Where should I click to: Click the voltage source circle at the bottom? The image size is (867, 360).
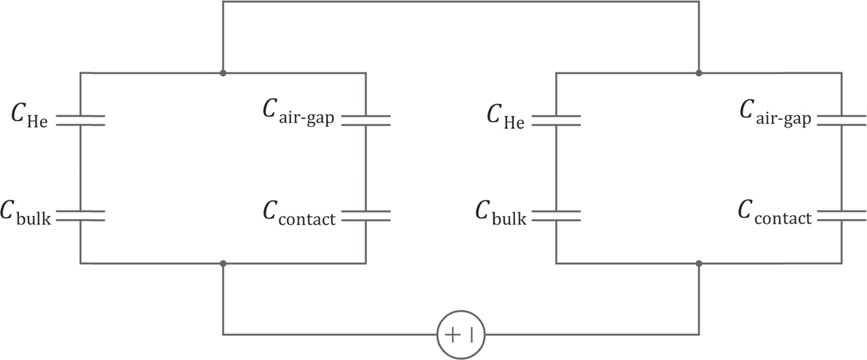(461, 335)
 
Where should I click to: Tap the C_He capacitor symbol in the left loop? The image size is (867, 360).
(80, 121)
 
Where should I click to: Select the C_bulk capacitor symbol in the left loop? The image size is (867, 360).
(80, 215)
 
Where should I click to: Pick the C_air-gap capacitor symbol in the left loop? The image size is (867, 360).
(366, 121)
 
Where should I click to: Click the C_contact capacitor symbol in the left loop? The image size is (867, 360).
(366, 215)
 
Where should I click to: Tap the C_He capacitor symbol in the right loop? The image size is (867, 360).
(556, 121)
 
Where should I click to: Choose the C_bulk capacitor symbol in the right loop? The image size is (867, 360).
(556, 215)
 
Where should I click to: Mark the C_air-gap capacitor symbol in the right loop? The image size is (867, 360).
(841, 121)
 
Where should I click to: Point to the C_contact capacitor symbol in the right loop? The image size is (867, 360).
(841, 215)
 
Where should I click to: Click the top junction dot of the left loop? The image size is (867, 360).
(223, 73)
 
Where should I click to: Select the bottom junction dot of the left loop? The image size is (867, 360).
(223, 263)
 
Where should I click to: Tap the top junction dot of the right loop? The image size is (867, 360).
(699, 73)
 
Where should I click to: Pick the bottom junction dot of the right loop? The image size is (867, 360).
(699, 263)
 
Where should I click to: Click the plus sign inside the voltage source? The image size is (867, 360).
(452, 335)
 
